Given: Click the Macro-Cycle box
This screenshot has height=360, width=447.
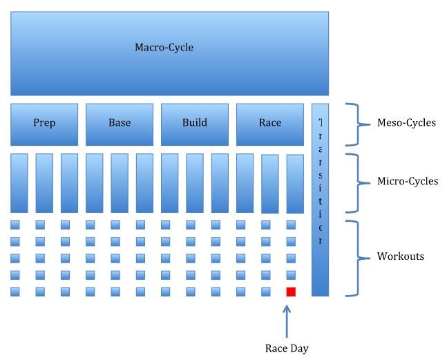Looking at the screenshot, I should pos(169,53).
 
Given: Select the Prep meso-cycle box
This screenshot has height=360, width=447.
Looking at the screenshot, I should pos(44,124).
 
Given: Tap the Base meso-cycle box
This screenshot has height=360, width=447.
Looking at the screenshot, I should pos(120,124).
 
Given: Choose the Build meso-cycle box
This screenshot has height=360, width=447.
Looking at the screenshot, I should pos(195,124).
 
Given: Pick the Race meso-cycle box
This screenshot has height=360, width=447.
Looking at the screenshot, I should pos(270,124).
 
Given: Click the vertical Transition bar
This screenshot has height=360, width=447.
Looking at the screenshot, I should pos(320,200).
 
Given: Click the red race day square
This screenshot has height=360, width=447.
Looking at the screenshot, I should pos(291,292).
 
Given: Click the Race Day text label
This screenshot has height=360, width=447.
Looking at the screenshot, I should pos(287,348).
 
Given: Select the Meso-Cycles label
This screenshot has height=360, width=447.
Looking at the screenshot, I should pos(406,123).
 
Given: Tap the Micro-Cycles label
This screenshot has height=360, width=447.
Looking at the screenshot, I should pos(408,182).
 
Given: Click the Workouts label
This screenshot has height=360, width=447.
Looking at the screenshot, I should pos(401,256).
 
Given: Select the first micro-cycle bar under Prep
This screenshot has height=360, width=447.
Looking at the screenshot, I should pos(19,183).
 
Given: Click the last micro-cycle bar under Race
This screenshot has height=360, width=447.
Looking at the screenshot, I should pos(295,183).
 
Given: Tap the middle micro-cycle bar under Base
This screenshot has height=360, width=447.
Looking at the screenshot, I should pos(120,183).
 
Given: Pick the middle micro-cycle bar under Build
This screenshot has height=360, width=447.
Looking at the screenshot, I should pos(195,183).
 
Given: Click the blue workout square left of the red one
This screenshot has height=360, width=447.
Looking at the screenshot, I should pos(266,292).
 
